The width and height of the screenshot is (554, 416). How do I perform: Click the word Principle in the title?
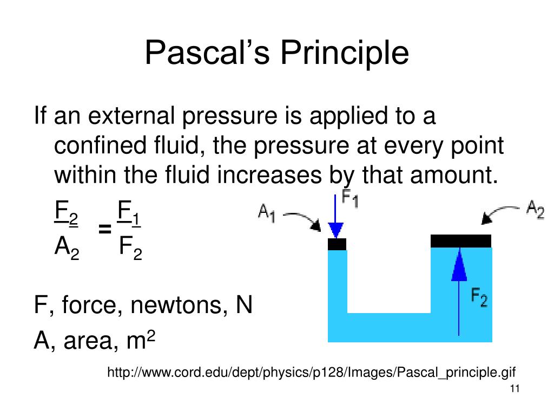click(x=344, y=54)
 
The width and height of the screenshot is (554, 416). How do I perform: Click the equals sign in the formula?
click(x=105, y=230)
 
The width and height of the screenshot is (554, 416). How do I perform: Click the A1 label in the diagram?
click(x=267, y=213)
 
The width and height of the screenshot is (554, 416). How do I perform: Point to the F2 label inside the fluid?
click(x=479, y=297)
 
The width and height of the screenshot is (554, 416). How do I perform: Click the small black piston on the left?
click(x=337, y=244)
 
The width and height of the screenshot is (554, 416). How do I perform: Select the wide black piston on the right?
click(x=461, y=240)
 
